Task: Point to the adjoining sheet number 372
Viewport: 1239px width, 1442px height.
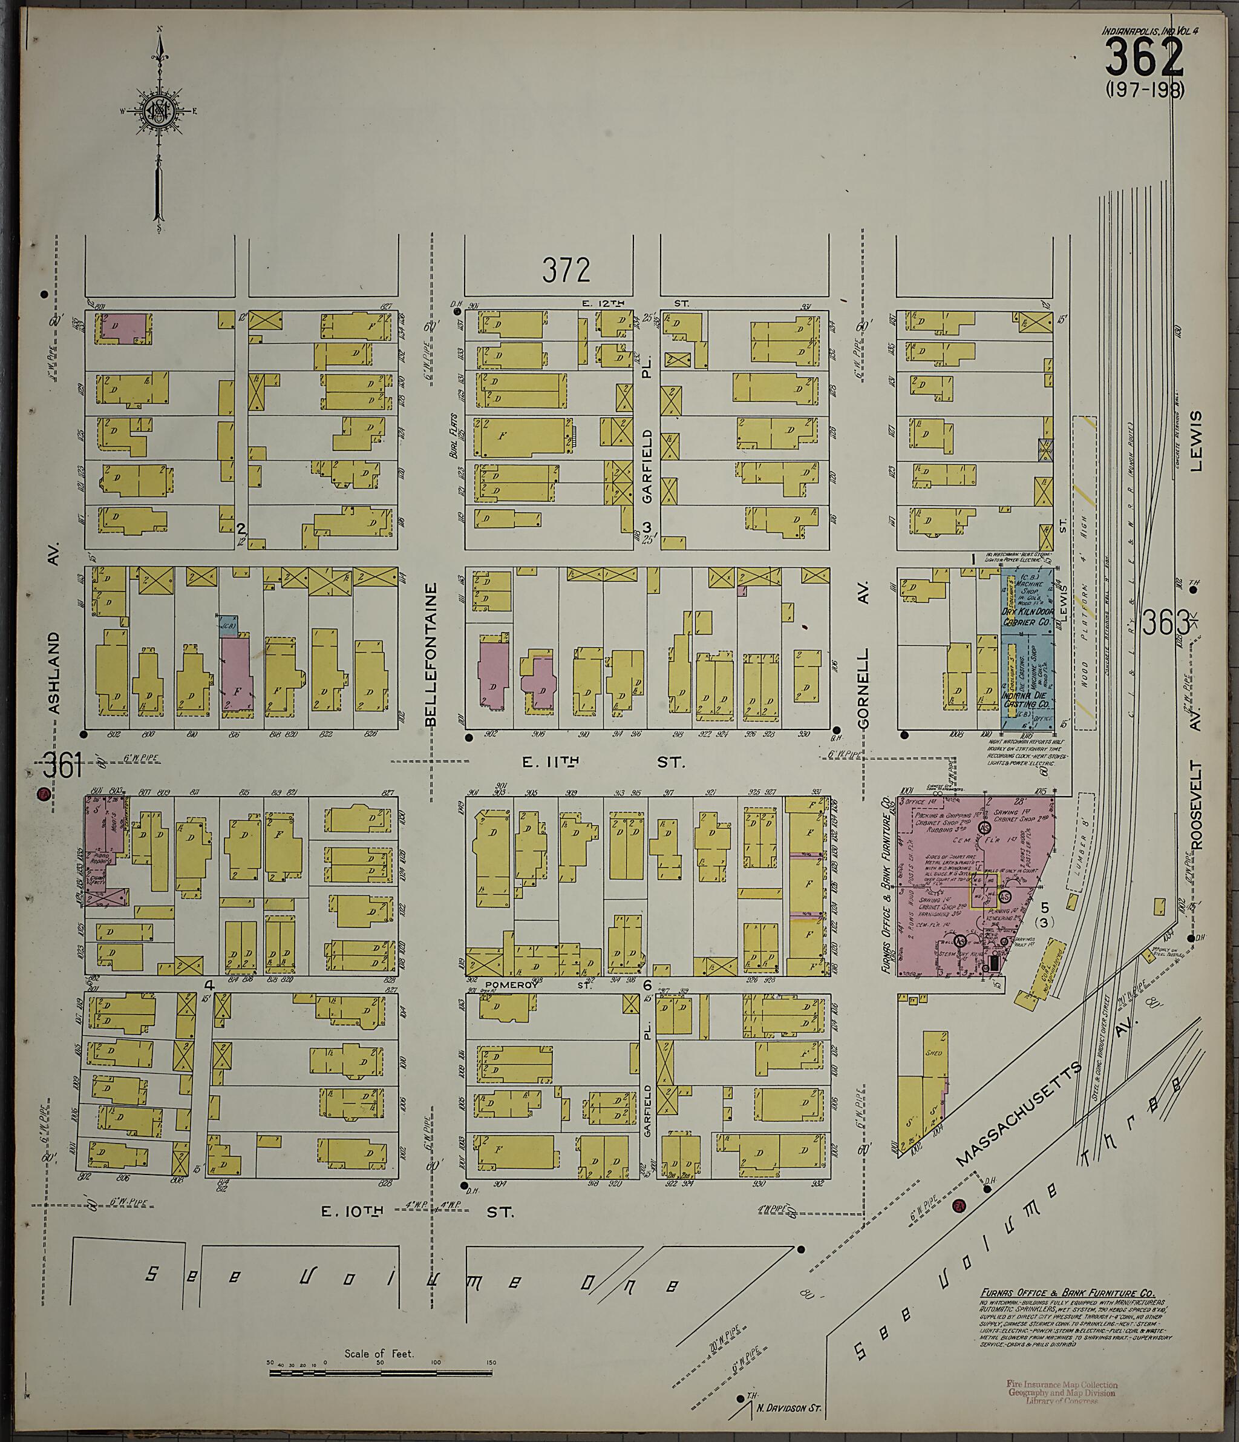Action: [x=566, y=270]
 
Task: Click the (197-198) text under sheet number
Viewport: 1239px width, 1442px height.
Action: [x=1143, y=90]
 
